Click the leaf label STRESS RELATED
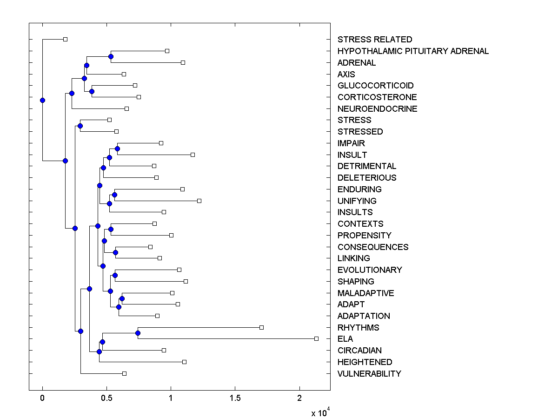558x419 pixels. pos(375,40)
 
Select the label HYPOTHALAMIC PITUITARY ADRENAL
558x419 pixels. pos(413,51)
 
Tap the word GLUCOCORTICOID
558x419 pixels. pos(375,86)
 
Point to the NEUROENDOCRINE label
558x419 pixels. pos(377,109)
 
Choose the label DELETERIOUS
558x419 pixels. pos(367,178)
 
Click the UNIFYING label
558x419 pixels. pos(357,201)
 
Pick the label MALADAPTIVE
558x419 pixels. pos(365,293)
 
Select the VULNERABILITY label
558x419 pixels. pos(369,374)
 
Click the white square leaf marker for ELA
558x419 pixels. pos(316,338)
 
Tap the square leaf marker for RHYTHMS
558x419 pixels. pos(261,327)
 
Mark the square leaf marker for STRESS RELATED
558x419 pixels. pos(65,39)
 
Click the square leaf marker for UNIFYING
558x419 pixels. pos(199,201)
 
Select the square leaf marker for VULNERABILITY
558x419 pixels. pos(124,373)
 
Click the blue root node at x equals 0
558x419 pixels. pos(42,100)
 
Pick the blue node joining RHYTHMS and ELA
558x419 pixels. pos(138,333)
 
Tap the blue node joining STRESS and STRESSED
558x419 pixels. pos(80,126)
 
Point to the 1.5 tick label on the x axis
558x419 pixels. pos(235,398)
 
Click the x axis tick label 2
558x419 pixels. pos(299,398)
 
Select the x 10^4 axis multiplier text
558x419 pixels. pos(321,412)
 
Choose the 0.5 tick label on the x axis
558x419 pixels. pos(106,398)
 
